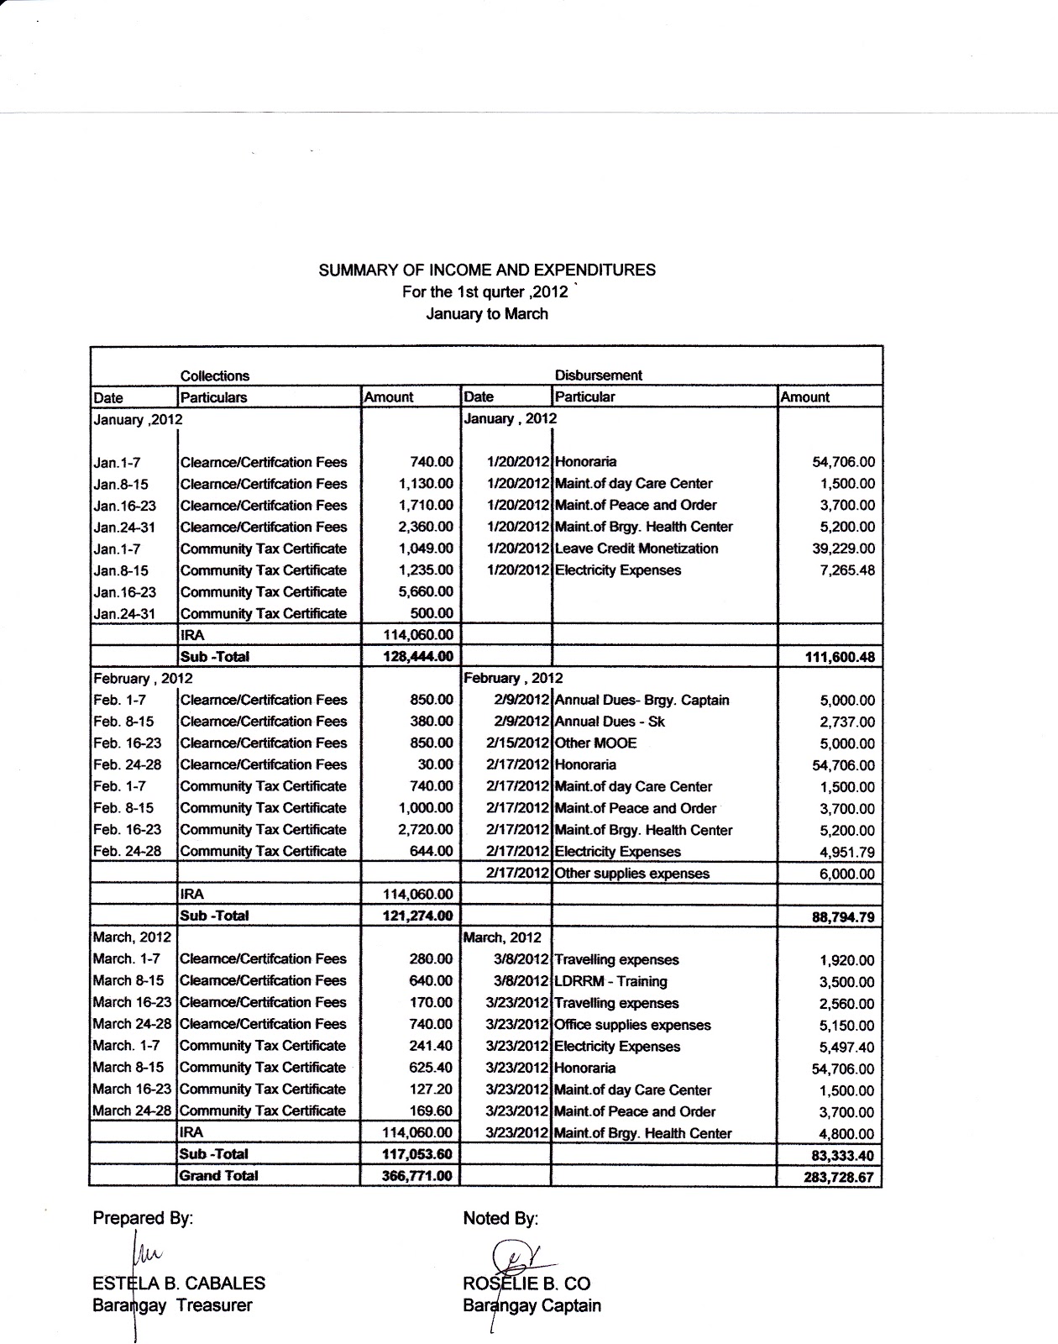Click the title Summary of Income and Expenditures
[x=487, y=270]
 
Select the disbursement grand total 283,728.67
[x=838, y=1178]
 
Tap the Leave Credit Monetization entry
[x=636, y=549]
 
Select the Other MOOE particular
[x=596, y=743]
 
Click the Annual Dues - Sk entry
[x=610, y=722]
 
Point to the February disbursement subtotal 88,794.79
[x=842, y=917]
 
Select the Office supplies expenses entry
[x=632, y=1025]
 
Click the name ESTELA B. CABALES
[x=179, y=1284]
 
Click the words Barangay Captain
[x=532, y=1306]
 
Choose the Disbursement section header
[x=598, y=375]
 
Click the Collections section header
[x=215, y=376]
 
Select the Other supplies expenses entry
[x=631, y=874]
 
